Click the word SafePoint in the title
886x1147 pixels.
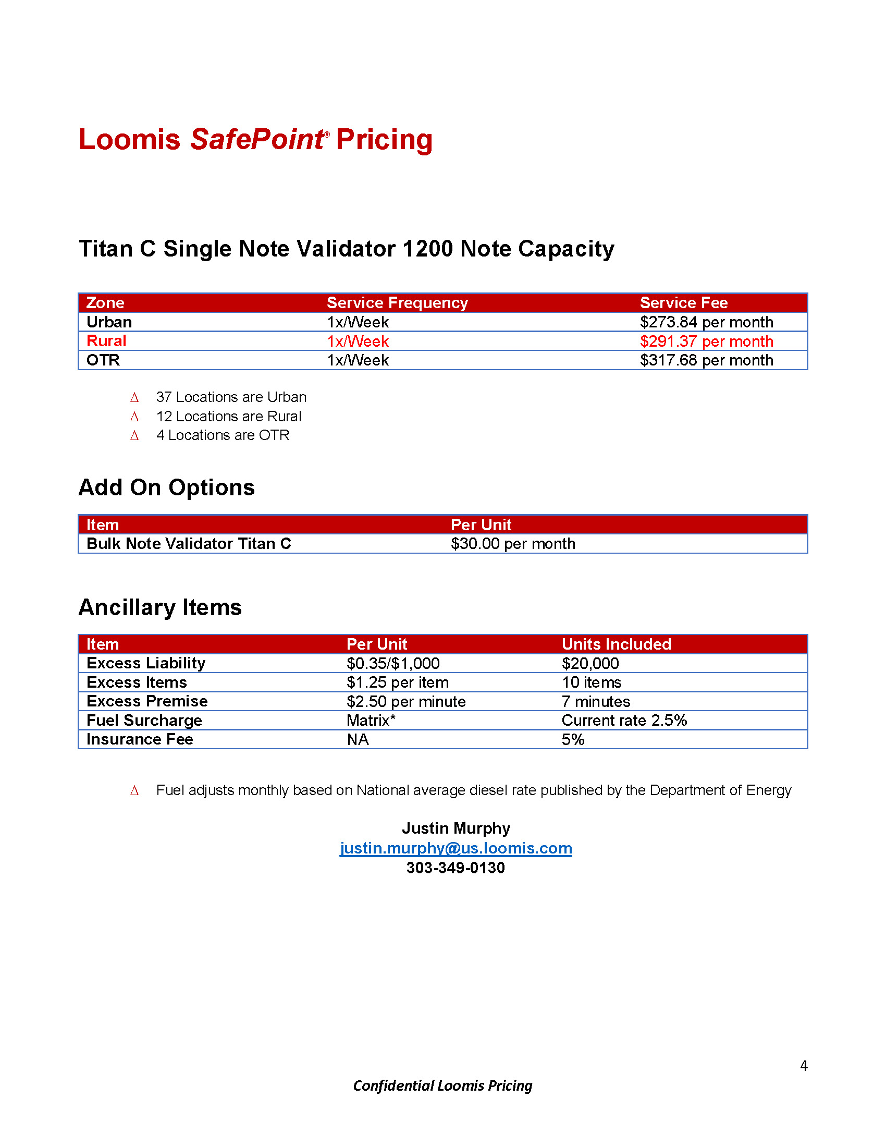click(x=257, y=140)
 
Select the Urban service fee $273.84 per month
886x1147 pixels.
click(x=706, y=322)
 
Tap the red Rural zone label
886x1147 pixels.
click(x=106, y=341)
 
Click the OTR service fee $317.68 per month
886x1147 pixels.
click(x=706, y=360)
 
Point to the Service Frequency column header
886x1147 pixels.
click(x=397, y=303)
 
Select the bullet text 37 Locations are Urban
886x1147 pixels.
click(x=231, y=397)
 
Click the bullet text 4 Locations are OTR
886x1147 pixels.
click(x=223, y=435)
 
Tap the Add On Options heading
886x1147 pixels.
click(x=166, y=487)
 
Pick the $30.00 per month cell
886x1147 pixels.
click(x=513, y=544)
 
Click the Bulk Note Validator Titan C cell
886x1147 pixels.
click(x=189, y=544)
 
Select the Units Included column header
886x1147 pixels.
click(x=616, y=644)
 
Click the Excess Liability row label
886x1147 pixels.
click(x=145, y=663)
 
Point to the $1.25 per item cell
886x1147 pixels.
click(x=397, y=682)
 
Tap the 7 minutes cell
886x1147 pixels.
click(x=595, y=702)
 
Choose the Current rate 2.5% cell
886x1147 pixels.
click(x=624, y=721)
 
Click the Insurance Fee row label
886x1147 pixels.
click(x=140, y=739)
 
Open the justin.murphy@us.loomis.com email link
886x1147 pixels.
click(x=456, y=848)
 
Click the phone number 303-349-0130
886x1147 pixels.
click(x=456, y=868)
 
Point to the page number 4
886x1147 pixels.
click(x=803, y=1066)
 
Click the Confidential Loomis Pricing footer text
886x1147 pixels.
click(x=442, y=1085)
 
